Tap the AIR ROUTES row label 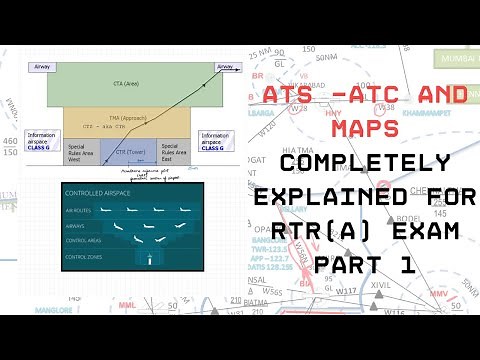click(x=81, y=211)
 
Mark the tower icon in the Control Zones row click(x=148, y=258)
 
